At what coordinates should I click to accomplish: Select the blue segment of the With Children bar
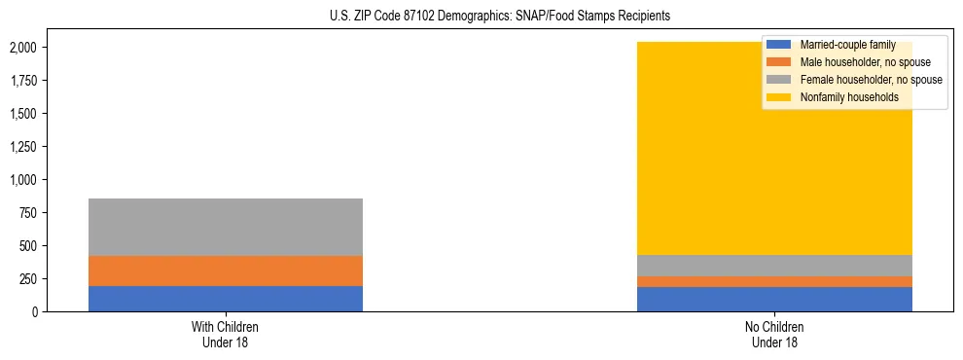(x=226, y=299)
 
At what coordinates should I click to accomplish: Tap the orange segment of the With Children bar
(x=226, y=270)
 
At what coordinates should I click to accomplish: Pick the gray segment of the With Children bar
(x=226, y=227)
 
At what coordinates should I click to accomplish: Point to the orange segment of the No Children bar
(x=775, y=282)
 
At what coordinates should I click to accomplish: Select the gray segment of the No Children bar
(x=775, y=266)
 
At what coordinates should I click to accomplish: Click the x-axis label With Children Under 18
(x=226, y=334)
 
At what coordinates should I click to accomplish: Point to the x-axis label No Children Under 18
(x=775, y=334)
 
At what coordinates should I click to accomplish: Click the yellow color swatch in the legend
(x=778, y=97)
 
